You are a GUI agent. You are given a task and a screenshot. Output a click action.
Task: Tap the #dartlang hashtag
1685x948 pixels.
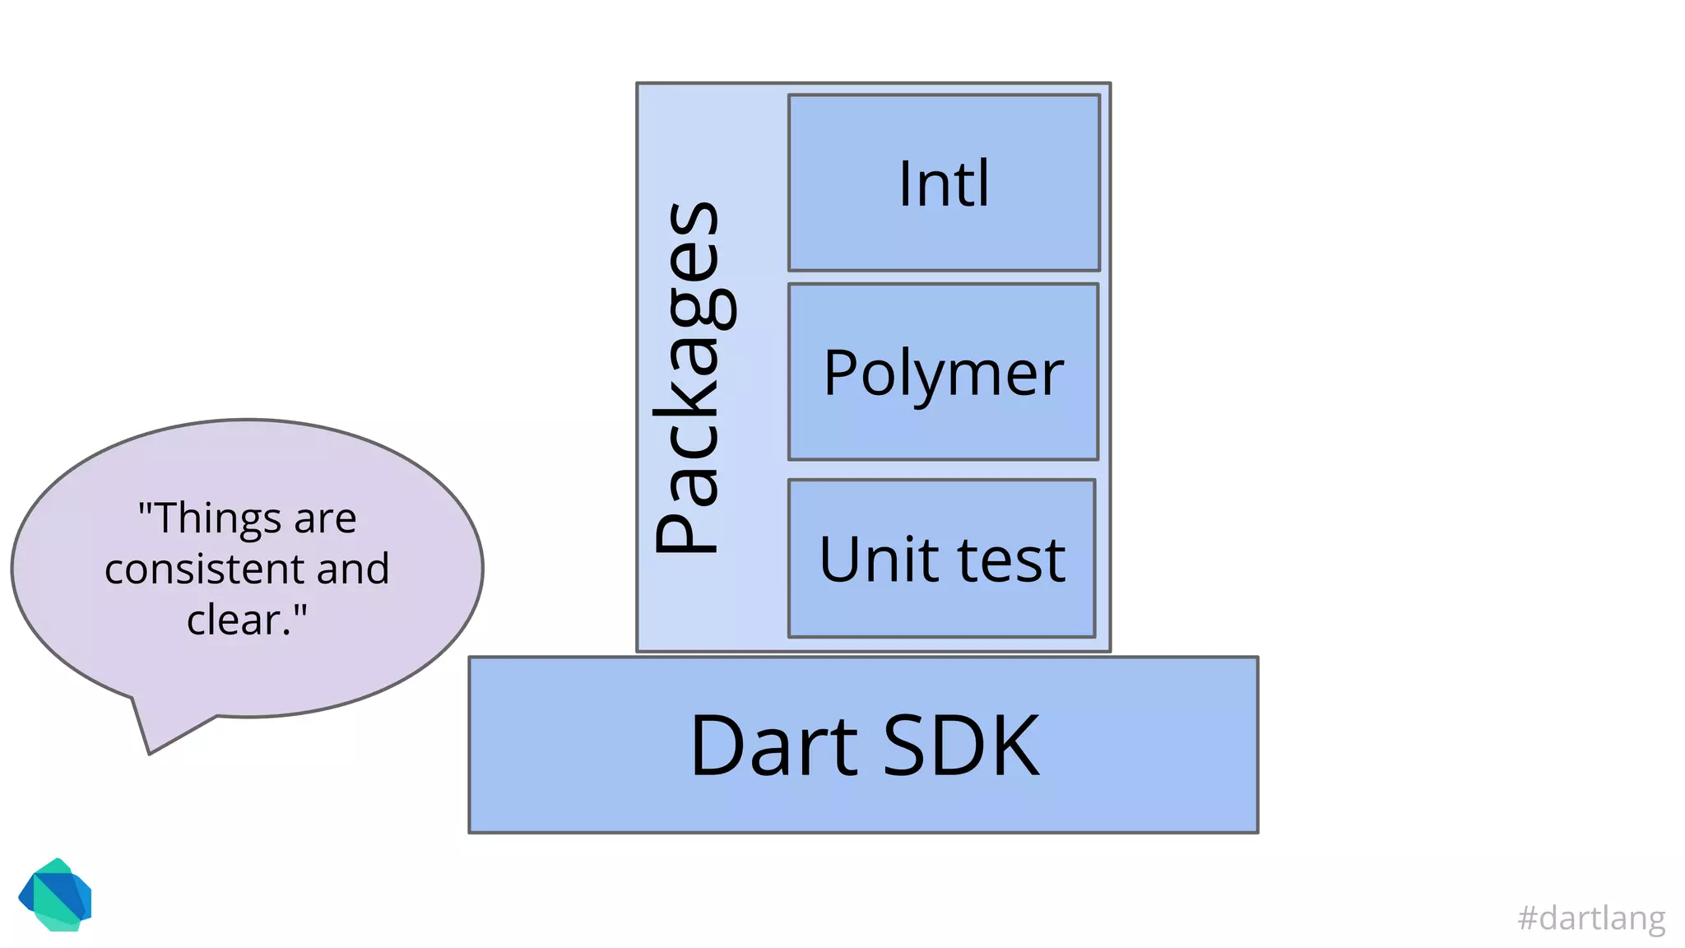tap(1590, 918)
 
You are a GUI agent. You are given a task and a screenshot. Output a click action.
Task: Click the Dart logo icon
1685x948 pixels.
tap(55, 895)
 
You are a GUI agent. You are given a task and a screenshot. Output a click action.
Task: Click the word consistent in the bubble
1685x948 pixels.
tap(205, 569)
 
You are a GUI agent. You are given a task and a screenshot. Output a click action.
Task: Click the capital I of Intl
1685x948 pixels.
tap(905, 184)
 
